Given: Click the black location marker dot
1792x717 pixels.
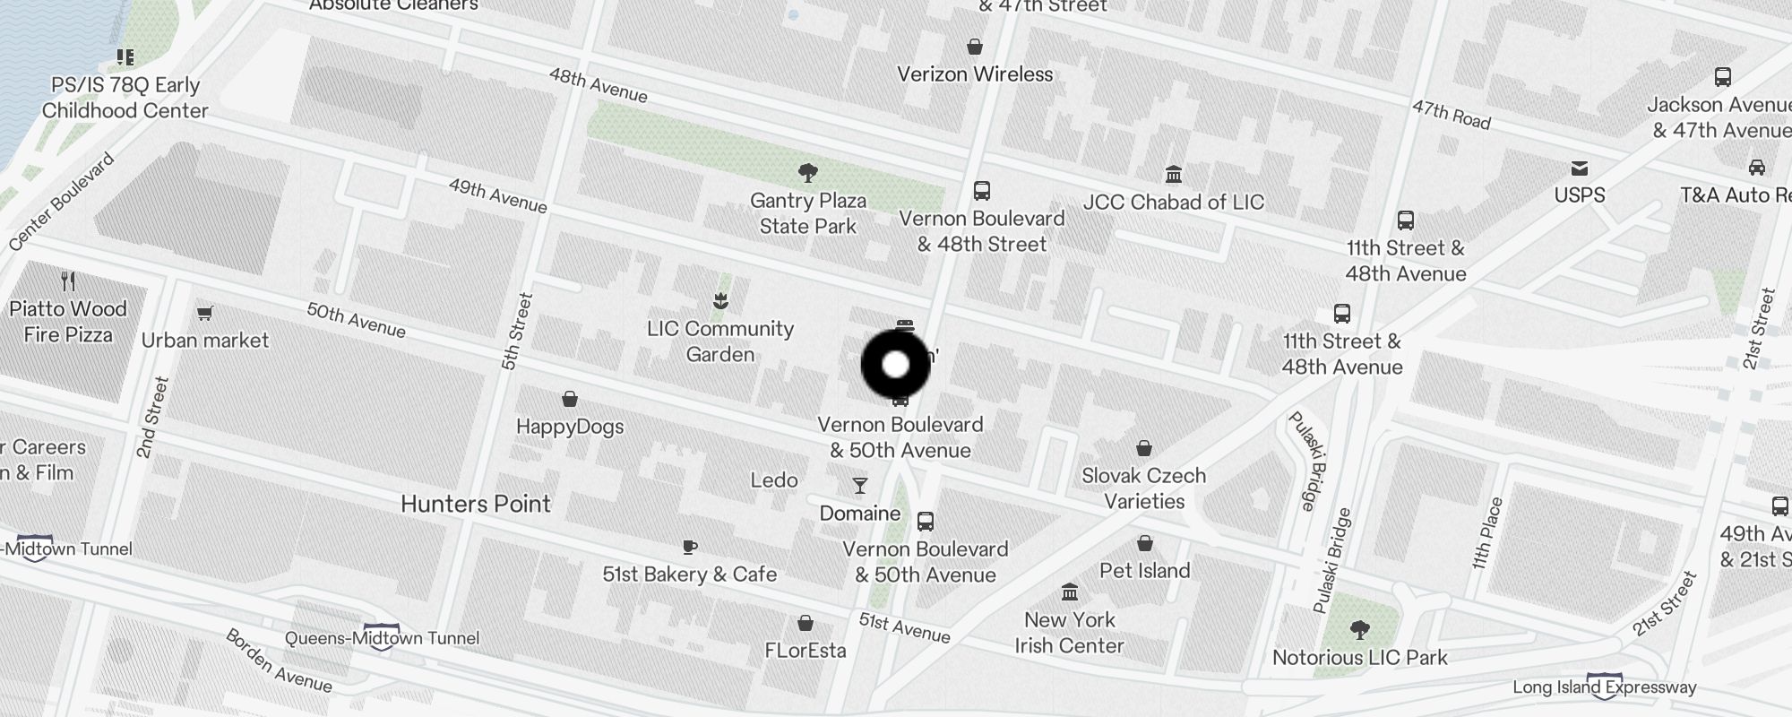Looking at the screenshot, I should (895, 365).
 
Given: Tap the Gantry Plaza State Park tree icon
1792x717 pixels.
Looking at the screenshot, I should (807, 172).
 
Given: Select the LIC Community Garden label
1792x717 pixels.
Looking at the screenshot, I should (720, 341).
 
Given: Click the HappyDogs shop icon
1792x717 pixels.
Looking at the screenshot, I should (570, 399).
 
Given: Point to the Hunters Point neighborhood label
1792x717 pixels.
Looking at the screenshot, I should (475, 504).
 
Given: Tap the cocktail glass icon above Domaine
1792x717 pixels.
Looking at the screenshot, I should (860, 486).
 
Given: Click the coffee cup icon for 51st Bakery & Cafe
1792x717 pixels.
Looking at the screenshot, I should (689, 547).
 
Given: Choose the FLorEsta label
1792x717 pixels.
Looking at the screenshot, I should (806, 650).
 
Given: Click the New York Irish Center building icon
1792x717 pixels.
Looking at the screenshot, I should (1069, 592).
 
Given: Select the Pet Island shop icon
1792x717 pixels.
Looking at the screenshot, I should (1144, 543).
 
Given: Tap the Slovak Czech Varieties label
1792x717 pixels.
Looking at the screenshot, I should (1144, 488).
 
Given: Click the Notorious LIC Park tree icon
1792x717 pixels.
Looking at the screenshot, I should (1359, 630).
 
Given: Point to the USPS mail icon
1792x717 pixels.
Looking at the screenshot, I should (1580, 168).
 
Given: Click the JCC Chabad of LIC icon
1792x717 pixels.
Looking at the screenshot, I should (1173, 174).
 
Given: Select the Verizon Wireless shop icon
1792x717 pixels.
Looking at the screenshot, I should (975, 47).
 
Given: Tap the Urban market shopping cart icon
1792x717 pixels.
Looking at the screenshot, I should (205, 313).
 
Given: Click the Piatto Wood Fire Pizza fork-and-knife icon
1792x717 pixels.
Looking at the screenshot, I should (68, 281).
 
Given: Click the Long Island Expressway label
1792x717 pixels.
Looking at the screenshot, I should (1604, 687).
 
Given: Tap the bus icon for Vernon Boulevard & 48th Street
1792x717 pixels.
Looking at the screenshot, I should (982, 191).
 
